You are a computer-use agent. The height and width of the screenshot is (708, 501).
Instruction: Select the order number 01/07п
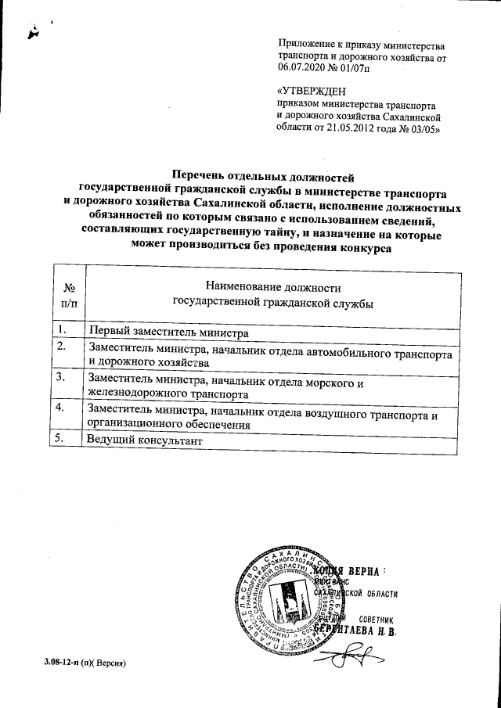coord(359,69)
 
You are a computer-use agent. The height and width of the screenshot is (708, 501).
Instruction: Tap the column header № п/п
coord(69,295)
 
